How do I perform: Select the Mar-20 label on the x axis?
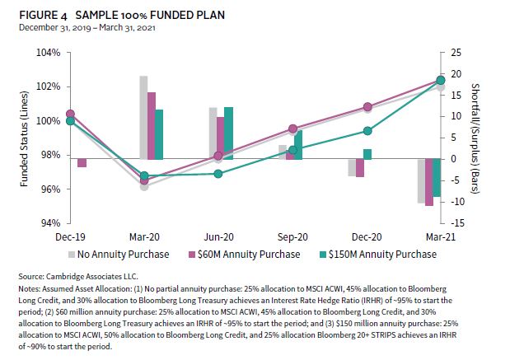144,236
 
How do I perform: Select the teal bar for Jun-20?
228,133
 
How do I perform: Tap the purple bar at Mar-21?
429,182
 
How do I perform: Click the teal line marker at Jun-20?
218,173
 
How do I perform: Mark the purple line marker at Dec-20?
367,107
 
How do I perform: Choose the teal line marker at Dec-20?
367,131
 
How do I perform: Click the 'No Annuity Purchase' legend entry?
124,254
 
